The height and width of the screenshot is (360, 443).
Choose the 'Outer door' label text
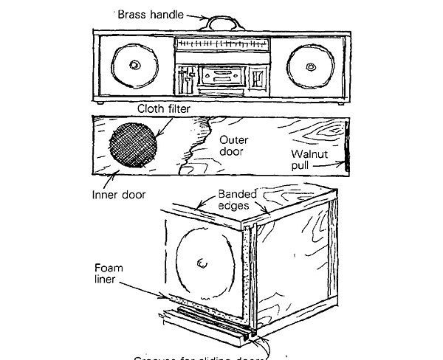236,145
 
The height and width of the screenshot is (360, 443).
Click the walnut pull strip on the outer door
346,146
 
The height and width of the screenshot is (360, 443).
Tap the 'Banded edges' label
237,199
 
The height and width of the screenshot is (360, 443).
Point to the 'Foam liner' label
111,274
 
